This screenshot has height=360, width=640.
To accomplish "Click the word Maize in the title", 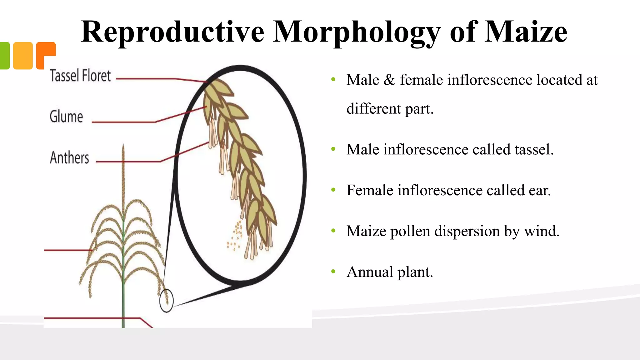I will click(526, 32).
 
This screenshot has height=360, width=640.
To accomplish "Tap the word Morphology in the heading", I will click(357, 32).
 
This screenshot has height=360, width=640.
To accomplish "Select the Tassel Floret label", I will click(80, 76).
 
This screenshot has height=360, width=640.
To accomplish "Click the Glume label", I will click(66, 117).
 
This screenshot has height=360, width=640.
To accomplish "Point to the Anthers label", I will click(69, 157).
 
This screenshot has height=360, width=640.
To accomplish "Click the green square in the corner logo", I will click(4, 56).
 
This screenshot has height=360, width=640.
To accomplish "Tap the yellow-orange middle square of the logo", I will click(23, 56).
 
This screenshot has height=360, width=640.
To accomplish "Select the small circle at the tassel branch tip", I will click(166, 300).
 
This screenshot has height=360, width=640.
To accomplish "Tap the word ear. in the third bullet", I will click(540, 190).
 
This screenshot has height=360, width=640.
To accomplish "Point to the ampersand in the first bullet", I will click(389, 80).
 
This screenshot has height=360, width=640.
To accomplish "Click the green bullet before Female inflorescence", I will click(333, 190).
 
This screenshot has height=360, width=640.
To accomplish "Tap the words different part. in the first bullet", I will click(390, 109).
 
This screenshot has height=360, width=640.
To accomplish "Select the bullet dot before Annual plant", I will click(333, 271).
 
